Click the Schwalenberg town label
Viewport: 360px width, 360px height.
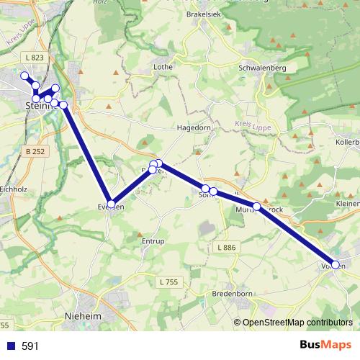(261, 68)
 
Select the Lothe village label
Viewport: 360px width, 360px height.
(162, 67)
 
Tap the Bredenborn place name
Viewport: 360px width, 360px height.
(231, 294)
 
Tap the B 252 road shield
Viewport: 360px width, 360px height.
(34, 151)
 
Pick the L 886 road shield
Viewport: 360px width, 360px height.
(225, 247)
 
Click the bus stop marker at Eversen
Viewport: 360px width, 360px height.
(110, 204)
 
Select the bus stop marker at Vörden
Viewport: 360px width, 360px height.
(335, 264)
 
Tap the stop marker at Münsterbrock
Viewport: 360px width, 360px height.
(256, 207)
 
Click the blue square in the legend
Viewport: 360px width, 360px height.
(10, 346)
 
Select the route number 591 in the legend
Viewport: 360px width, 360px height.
(30, 346)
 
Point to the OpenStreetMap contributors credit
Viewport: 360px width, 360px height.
(297, 323)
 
